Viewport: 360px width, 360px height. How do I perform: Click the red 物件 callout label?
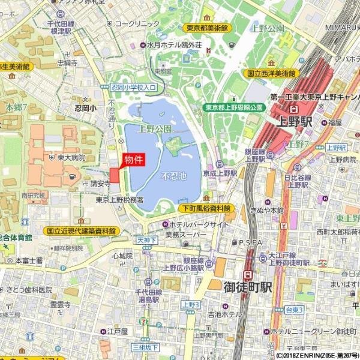pos(133,160)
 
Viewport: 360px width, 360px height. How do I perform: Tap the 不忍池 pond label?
pos(174,176)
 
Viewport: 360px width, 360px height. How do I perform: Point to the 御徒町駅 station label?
pos(248,287)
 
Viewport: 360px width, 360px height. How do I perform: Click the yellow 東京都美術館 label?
pos(206,28)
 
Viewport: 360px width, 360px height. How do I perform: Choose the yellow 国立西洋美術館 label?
pos(271,73)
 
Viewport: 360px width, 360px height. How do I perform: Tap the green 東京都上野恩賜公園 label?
pos(234,107)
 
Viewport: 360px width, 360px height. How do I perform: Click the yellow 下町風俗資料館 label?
pos(206,208)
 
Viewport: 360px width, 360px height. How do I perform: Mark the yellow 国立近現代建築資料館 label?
pos(80,230)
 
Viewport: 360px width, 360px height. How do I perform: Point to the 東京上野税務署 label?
pos(119,200)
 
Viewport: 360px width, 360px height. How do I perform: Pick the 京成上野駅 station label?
pos(220,173)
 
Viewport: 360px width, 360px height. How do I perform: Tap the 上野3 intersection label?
pos(190,305)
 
